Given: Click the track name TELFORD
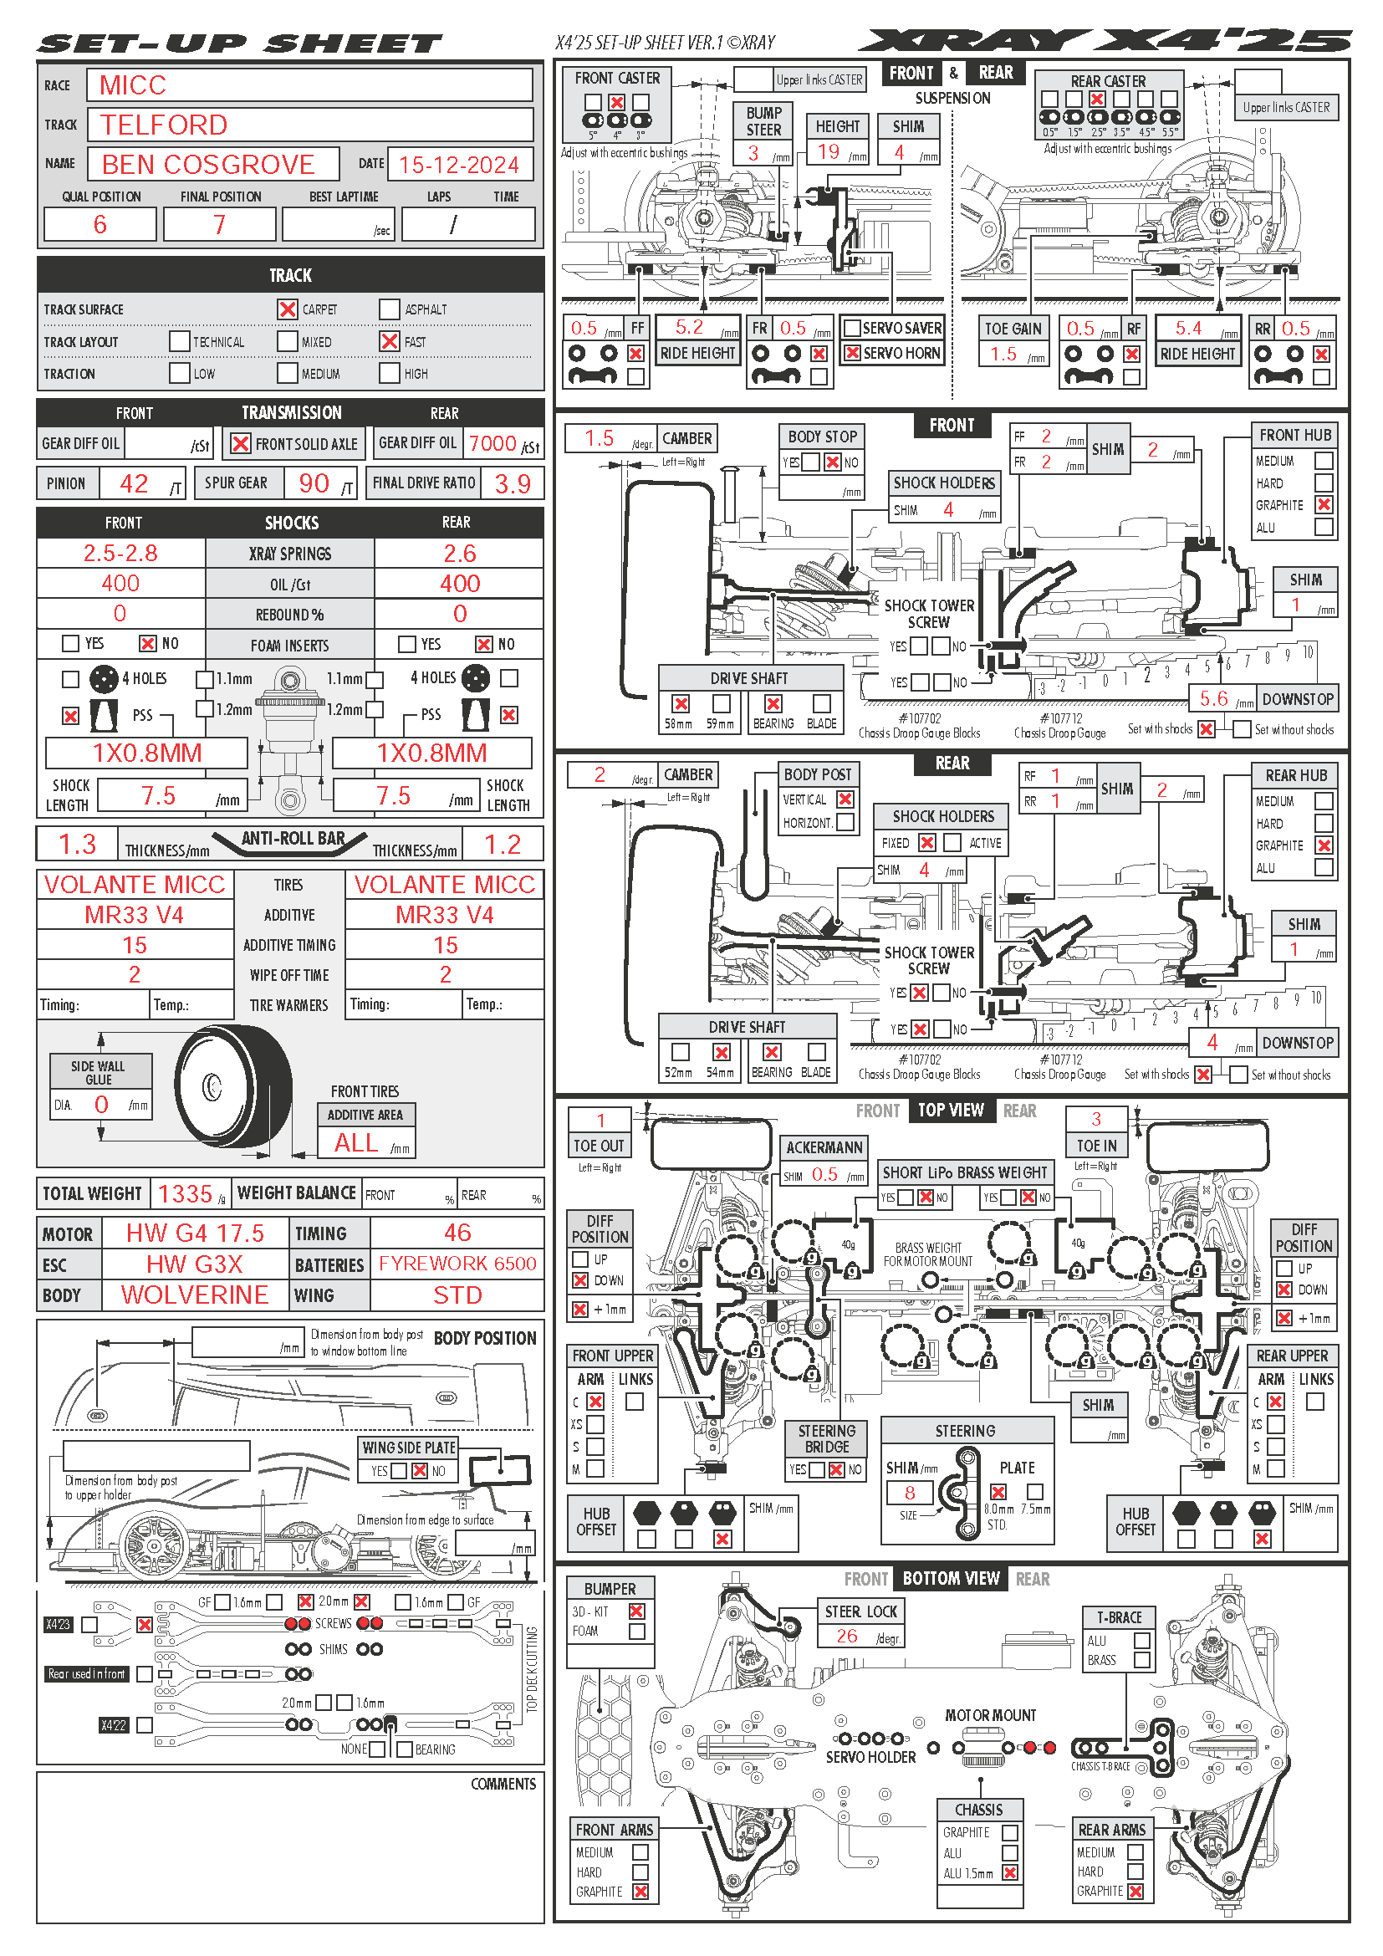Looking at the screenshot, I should pyautogui.click(x=165, y=125).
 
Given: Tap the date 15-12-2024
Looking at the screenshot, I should pyautogui.click(x=458, y=165).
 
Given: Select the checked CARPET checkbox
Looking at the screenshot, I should pyautogui.click(x=288, y=309).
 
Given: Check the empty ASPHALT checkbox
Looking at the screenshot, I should pyautogui.click(x=389, y=309).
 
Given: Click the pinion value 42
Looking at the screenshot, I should pyautogui.click(x=134, y=484).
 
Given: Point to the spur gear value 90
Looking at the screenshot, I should pyautogui.click(x=314, y=484).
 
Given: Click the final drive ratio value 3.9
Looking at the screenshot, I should pyautogui.click(x=513, y=484).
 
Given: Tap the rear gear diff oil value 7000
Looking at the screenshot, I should pyautogui.click(x=492, y=444).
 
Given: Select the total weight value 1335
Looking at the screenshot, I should pyautogui.click(x=185, y=1193).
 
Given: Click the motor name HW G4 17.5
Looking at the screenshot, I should pyautogui.click(x=195, y=1233).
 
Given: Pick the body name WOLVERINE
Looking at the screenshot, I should pyautogui.click(x=194, y=1295).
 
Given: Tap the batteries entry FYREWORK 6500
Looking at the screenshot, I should pyautogui.click(x=457, y=1264).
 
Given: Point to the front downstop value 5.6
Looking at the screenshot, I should pyautogui.click(x=1213, y=699).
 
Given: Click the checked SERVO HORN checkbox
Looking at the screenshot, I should pyautogui.click(x=851, y=353).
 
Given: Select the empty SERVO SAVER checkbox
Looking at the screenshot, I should pyautogui.click(x=851, y=328).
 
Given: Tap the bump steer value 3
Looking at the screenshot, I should pyautogui.click(x=753, y=153).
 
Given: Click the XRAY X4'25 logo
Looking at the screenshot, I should pyautogui.click(x=1104, y=41).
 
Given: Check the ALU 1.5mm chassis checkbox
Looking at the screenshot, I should pyautogui.click(x=1010, y=1873).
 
